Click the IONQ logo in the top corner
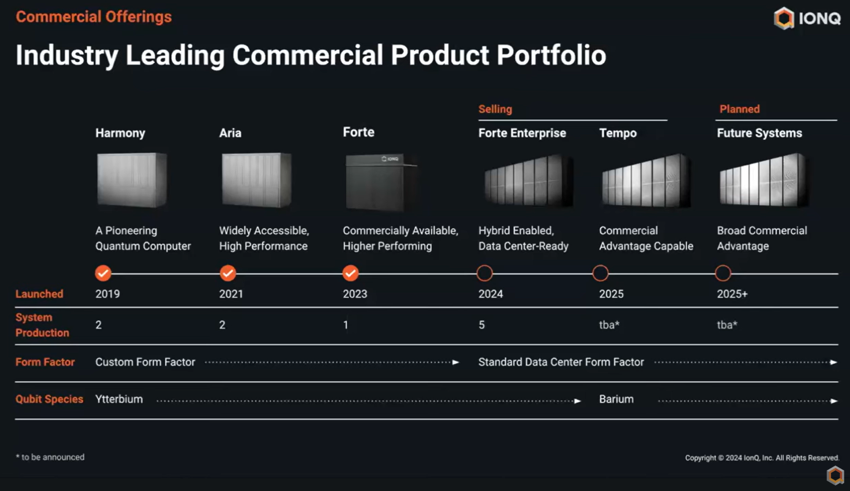pyautogui.click(x=807, y=18)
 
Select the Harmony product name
pyautogui.click(x=120, y=133)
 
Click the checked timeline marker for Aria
pyautogui.click(x=228, y=273)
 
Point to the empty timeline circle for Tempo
pyautogui.click(x=600, y=273)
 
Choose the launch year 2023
pyautogui.click(x=355, y=294)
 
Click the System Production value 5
pyautogui.click(x=482, y=325)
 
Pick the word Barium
pyautogui.click(x=616, y=399)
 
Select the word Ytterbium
pyautogui.click(x=119, y=399)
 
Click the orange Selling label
pyautogui.click(x=495, y=109)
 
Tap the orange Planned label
pyautogui.click(x=739, y=109)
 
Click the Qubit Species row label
pyautogui.click(x=49, y=399)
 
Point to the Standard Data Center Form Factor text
pyautogui.click(x=561, y=362)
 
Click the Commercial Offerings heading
pyautogui.click(x=94, y=17)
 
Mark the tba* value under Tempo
pyautogui.click(x=609, y=325)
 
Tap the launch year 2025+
pyautogui.click(x=732, y=294)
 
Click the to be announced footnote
pyautogui.click(x=50, y=457)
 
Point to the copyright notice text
pyautogui.click(x=762, y=458)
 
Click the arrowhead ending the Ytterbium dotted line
pyautogui.click(x=578, y=401)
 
